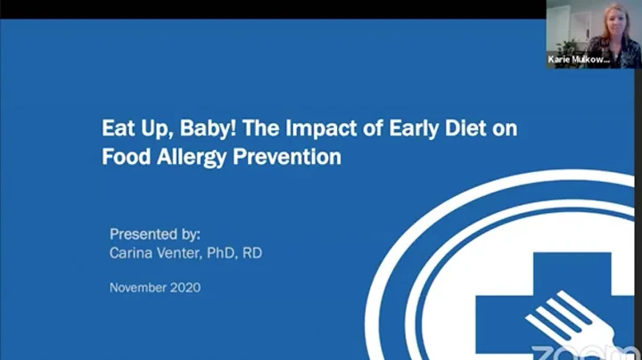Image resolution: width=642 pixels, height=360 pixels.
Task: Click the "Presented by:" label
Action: click(155, 234)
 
